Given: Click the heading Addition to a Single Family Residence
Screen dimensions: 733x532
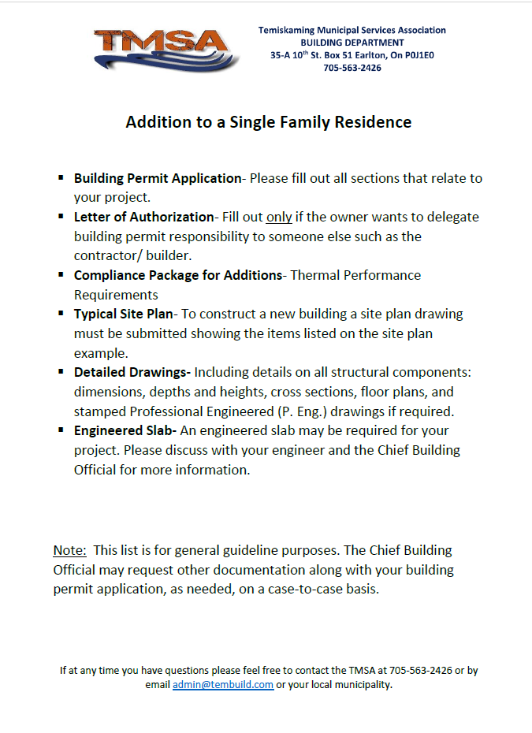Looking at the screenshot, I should click(x=269, y=122).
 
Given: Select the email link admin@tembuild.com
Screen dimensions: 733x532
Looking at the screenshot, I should click(x=223, y=685).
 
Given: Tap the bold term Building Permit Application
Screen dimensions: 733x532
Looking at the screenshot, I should click(x=158, y=178).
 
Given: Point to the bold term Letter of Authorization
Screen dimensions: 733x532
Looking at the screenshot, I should click(x=143, y=217).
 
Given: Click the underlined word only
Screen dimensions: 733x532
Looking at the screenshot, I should click(x=279, y=217).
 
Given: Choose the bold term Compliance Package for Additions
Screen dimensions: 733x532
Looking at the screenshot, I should click(x=178, y=275).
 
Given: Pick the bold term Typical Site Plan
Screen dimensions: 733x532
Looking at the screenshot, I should click(x=122, y=314).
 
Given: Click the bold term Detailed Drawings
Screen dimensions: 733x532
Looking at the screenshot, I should click(x=132, y=372).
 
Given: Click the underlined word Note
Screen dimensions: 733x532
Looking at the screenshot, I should click(x=69, y=550).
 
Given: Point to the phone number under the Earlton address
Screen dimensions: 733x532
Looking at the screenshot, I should click(x=352, y=68).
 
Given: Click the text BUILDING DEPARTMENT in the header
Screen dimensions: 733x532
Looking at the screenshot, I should click(x=352, y=43).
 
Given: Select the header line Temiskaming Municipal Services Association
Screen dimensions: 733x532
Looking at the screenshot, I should click(x=352, y=30).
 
